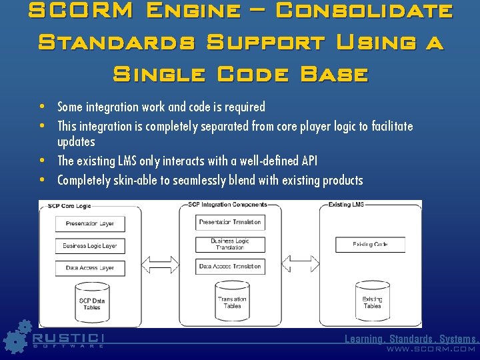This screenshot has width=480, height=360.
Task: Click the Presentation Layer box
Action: (x=90, y=224)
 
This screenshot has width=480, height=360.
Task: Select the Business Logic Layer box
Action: (x=90, y=246)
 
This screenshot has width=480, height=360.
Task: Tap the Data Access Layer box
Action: (x=90, y=268)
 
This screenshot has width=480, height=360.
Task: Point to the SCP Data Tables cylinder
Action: (x=92, y=303)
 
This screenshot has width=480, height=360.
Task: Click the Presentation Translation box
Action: (x=230, y=222)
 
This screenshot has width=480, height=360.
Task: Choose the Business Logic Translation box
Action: (x=230, y=245)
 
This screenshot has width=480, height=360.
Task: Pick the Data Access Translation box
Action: (x=230, y=267)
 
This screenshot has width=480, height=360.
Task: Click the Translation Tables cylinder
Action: (x=232, y=301)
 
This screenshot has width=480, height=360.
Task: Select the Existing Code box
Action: (x=370, y=245)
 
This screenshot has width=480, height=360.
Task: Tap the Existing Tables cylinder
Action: (x=372, y=301)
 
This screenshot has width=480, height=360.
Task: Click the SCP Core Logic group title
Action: (x=69, y=206)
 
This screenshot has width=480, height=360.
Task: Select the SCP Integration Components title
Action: (x=227, y=204)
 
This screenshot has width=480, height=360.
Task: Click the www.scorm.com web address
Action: (x=431, y=349)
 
